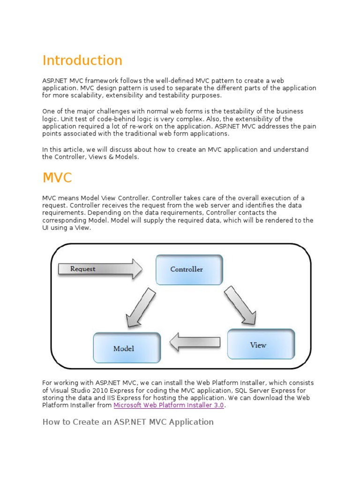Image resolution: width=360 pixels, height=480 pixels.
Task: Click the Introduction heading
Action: (x=82, y=60)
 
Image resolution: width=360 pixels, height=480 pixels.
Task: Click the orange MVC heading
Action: (x=57, y=178)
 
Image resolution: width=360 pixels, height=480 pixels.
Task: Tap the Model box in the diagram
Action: (x=127, y=348)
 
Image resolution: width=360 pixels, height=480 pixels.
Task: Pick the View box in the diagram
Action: (x=261, y=345)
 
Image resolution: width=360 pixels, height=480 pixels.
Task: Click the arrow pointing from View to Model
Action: (x=195, y=342)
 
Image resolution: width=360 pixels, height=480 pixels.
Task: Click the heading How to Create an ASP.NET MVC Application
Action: (x=128, y=422)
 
